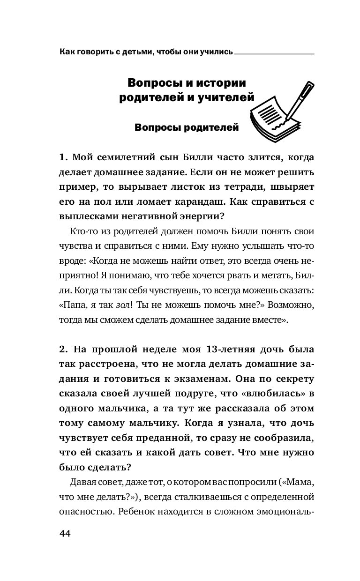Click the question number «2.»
pyautogui.click(x=64, y=350)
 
